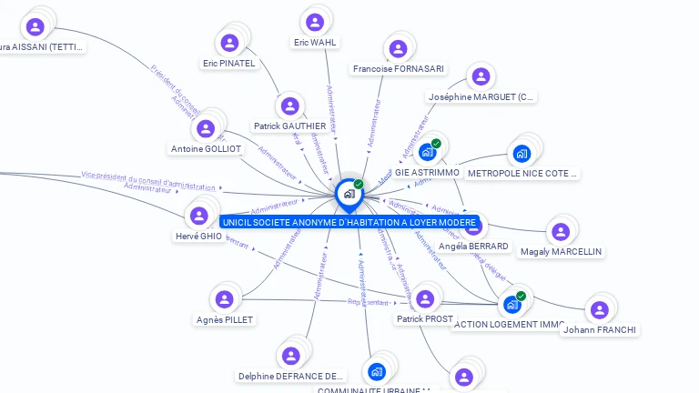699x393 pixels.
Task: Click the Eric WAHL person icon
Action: pyautogui.click(x=315, y=22)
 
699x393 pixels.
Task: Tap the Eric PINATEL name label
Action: pyautogui.click(x=229, y=64)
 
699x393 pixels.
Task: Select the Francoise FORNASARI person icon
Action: pyautogui.click(x=398, y=48)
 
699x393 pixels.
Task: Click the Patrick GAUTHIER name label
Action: pyautogui.click(x=289, y=126)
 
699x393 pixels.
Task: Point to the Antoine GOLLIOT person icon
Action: pyautogui.click(x=207, y=129)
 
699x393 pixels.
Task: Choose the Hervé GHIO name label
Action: pyautogui.click(x=198, y=237)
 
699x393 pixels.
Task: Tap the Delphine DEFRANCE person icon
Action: pyautogui.click(x=291, y=356)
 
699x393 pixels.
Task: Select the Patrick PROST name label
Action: pyautogui.click(x=425, y=319)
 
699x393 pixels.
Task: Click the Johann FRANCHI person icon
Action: pyautogui.click(x=599, y=309)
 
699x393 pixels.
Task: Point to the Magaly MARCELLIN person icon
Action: pyautogui.click(x=561, y=231)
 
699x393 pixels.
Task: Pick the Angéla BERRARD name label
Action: pyautogui.click(x=473, y=246)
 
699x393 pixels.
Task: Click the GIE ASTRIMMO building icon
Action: pyautogui.click(x=427, y=153)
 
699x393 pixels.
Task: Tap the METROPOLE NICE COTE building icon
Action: pyautogui.click(x=522, y=153)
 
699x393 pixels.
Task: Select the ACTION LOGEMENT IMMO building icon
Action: pyautogui.click(x=512, y=305)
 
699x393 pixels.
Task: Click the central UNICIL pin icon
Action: pyautogui.click(x=348, y=194)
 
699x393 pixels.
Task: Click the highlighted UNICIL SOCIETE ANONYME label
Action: pyautogui.click(x=349, y=222)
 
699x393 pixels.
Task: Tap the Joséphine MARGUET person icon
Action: pyautogui.click(x=481, y=77)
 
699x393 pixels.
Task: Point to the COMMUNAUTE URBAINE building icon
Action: pyautogui.click(x=378, y=371)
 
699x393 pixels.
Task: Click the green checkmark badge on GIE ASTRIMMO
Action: pyautogui.click(x=436, y=144)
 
